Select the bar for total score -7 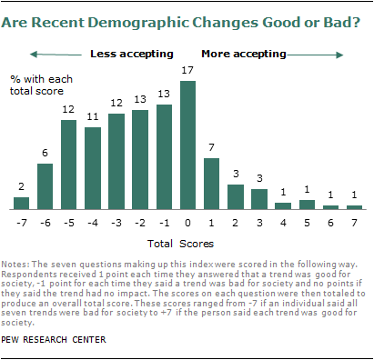[22, 203]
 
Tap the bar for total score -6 [45, 186]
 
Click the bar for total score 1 [212, 184]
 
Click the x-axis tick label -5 [68, 221]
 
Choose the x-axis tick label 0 [188, 221]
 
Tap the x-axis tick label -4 [92, 221]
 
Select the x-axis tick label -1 [164, 221]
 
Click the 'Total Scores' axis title [187, 245]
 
